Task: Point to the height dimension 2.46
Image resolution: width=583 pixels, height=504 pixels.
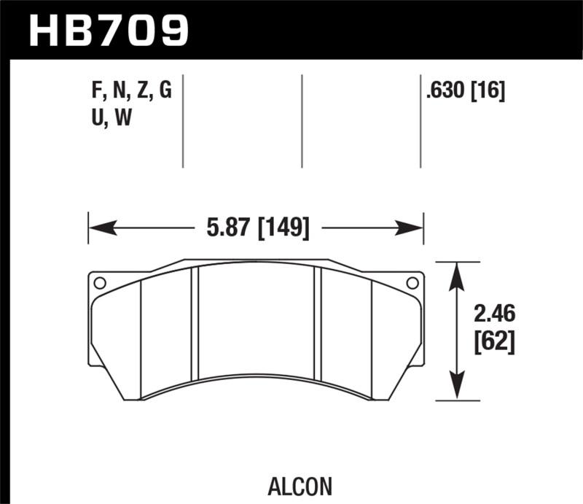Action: point(493,314)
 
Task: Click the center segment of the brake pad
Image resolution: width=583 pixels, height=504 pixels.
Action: point(256,321)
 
